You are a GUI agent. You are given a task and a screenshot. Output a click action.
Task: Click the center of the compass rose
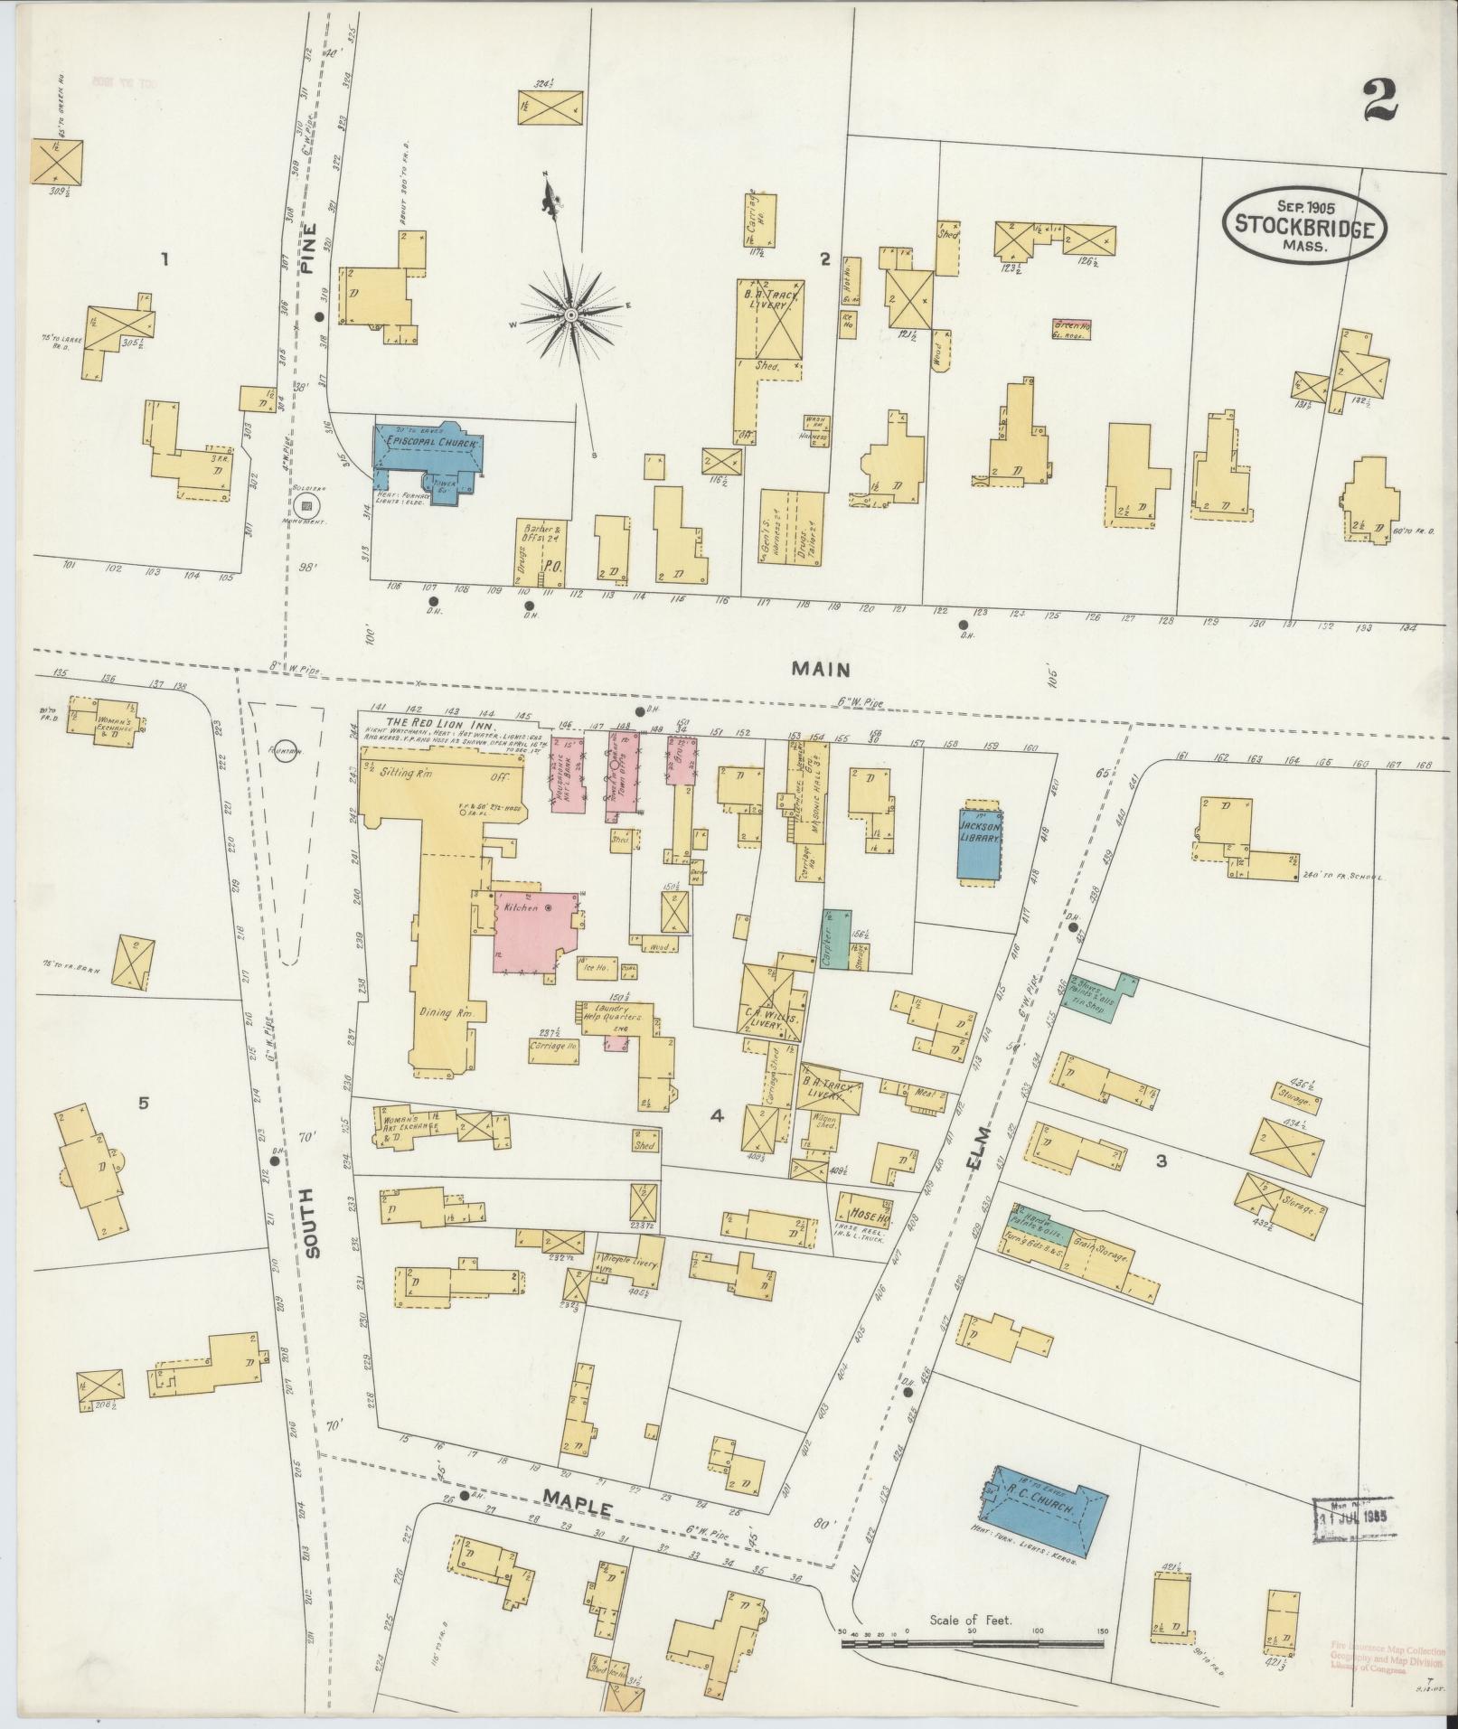[x=571, y=315]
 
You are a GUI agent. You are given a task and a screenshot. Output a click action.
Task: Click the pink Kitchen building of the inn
[x=536, y=931]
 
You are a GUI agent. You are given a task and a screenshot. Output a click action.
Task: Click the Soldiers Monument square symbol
[x=306, y=506]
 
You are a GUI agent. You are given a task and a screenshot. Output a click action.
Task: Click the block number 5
[x=143, y=1103]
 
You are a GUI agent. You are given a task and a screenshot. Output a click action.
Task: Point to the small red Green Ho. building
[x=1072, y=327]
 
